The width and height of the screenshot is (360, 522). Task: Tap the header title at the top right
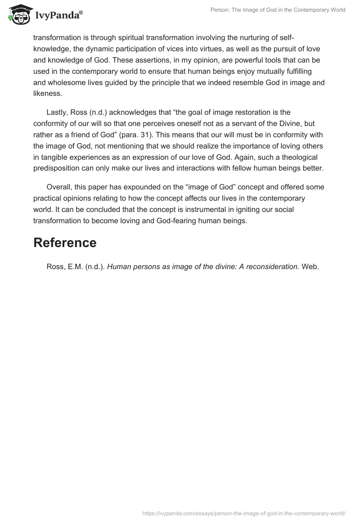278,10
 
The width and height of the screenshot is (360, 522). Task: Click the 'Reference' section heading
65,243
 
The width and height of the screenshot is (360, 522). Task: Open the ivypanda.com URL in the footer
244,513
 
